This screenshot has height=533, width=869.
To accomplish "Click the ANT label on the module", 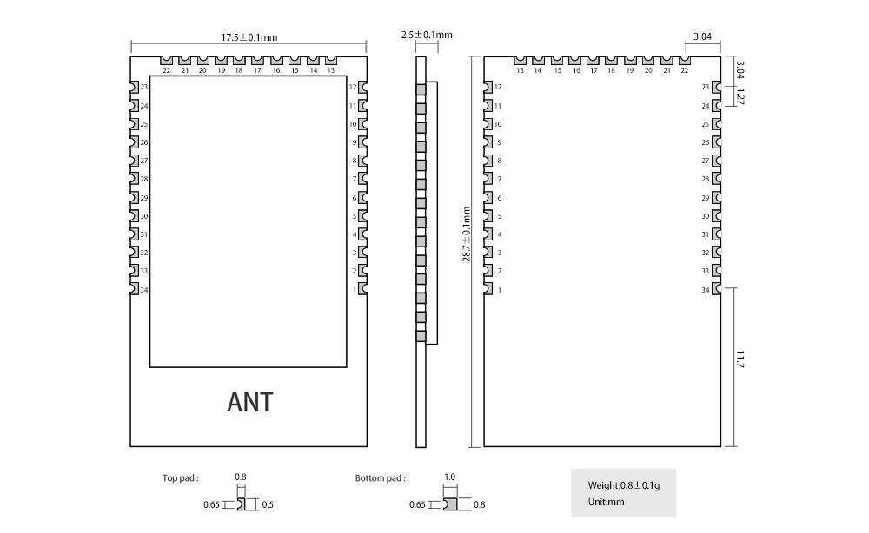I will pyautogui.click(x=250, y=402).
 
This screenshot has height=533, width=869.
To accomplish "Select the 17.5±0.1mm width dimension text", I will pyautogui.click(x=249, y=37).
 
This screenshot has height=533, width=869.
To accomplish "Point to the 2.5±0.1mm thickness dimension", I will pyautogui.click(x=428, y=36).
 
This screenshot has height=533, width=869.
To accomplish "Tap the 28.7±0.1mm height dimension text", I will pyautogui.click(x=467, y=234).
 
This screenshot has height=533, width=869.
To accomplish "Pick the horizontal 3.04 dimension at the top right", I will pyautogui.click(x=702, y=36).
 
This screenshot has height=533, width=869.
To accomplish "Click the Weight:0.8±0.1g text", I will pyautogui.click(x=624, y=485).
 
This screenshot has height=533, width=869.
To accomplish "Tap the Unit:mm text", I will pyautogui.click(x=606, y=501).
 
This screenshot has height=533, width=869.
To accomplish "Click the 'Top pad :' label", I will pyautogui.click(x=181, y=478).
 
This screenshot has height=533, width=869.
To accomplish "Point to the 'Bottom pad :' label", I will pyautogui.click(x=380, y=478).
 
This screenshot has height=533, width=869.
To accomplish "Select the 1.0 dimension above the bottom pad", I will pyautogui.click(x=450, y=477).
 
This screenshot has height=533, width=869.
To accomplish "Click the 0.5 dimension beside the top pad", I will pyautogui.click(x=269, y=505).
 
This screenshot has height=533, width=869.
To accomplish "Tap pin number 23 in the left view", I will pyautogui.click(x=144, y=88).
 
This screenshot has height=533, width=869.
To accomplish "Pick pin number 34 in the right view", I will pyautogui.click(x=706, y=289).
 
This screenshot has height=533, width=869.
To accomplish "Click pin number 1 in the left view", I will pyautogui.click(x=355, y=289).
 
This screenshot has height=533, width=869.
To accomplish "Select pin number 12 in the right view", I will pyautogui.click(x=498, y=88).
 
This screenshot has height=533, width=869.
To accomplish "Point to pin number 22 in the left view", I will pyautogui.click(x=166, y=70).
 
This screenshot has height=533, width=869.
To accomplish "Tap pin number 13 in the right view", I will pyautogui.click(x=520, y=70).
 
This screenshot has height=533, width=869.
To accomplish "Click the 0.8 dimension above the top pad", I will pyautogui.click(x=241, y=477).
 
